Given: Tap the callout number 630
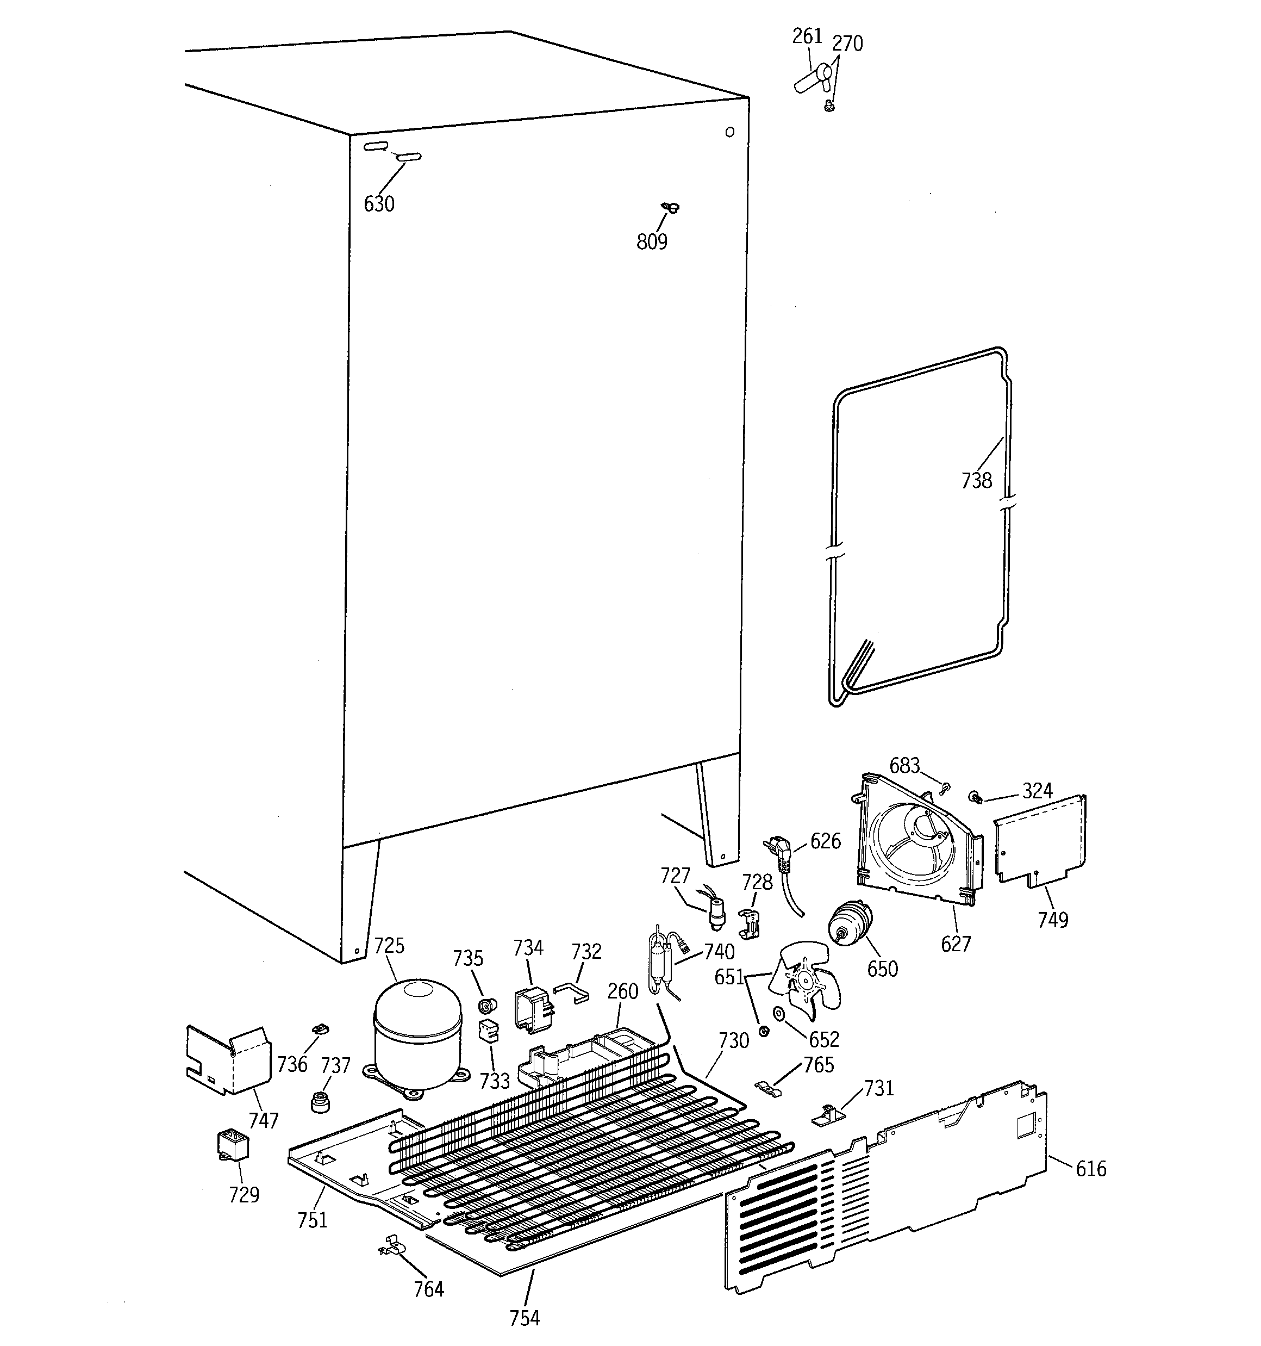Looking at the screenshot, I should pyautogui.click(x=378, y=204).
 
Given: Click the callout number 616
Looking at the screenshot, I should pyautogui.click(x=1090, y=1169).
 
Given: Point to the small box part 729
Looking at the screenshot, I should pyautogui.click(x=232, y=1145).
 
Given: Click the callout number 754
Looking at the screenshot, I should pyautogui.click(x=524, y=1318).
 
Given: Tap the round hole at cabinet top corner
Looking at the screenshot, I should pyautogui.click(x=729, y=132).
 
